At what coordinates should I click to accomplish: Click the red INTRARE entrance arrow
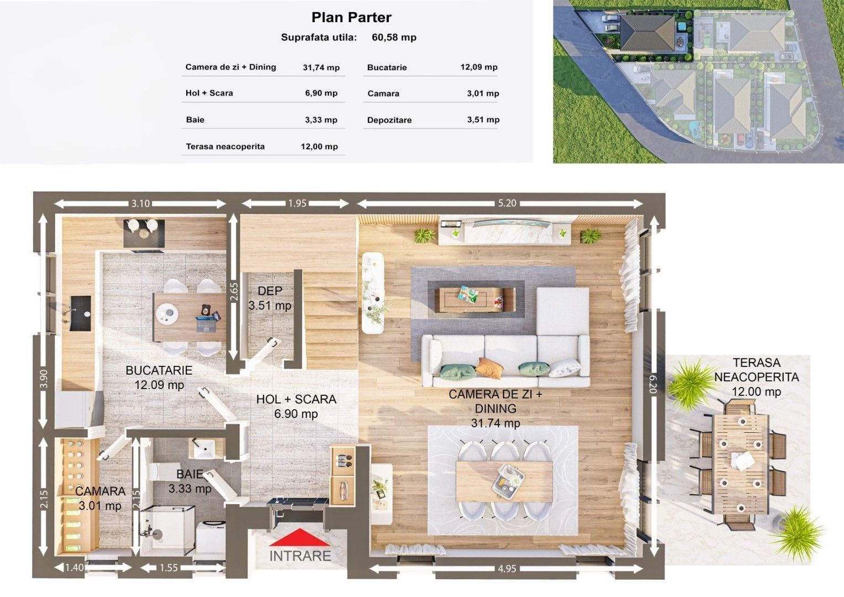pos(300,537)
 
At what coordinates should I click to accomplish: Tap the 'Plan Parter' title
pos(351,17)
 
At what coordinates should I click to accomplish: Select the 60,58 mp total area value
pos(394,38)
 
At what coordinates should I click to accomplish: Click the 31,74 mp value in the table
pos(321,67)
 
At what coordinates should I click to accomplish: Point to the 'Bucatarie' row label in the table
pos(387,67)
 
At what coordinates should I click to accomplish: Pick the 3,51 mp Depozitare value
pos(483,119)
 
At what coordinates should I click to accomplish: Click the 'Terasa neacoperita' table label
pos(225,146)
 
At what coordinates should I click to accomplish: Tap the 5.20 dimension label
pos(507,203)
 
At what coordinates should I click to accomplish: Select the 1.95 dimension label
pos(297,203)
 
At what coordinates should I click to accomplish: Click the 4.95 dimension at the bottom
pos(507,568)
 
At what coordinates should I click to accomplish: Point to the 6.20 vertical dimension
pos(653,384)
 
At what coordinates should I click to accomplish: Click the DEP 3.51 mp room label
pos(270,298)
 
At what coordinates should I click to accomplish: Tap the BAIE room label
pos(189,481)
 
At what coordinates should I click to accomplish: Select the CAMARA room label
pos(100,498)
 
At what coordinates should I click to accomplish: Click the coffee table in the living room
pos(475,300)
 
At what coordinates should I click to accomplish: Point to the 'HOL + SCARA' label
pos(296,400)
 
